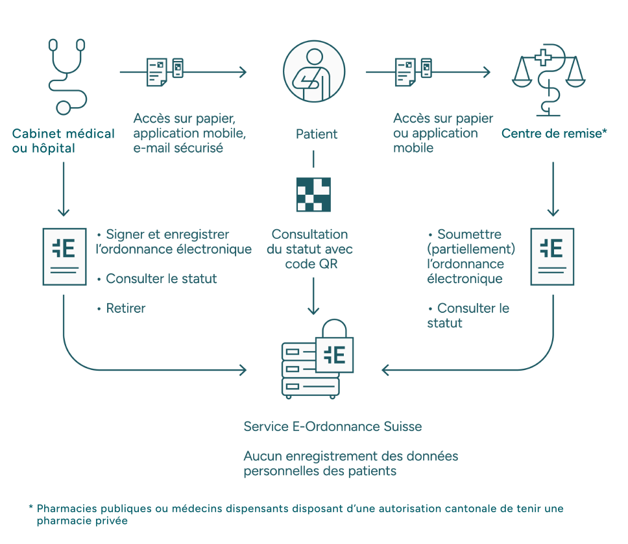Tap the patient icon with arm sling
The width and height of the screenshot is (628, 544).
pyautogui.click(x=313, y=71)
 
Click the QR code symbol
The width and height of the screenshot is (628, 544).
pyautogui.click(x=313, y=194)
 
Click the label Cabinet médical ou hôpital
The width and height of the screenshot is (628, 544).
pyautogui.click(x=63, y=141)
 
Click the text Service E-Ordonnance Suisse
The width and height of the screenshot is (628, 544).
pyautogui.click(x=332, y=427)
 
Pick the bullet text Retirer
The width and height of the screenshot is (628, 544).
pyautogui.click(x=125, y=308)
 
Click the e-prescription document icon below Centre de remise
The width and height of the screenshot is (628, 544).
pyautogui.click(x=552, y=256)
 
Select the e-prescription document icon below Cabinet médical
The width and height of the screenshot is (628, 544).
pyautogui.click(x=64, y=256)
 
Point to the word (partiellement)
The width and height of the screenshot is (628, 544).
pyautogui.click(x=471, y=249)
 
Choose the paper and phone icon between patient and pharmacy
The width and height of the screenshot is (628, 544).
pyautogui.click(x=413, y=71)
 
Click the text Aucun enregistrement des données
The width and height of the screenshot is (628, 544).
pyautogui.click(x=350, y=456)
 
